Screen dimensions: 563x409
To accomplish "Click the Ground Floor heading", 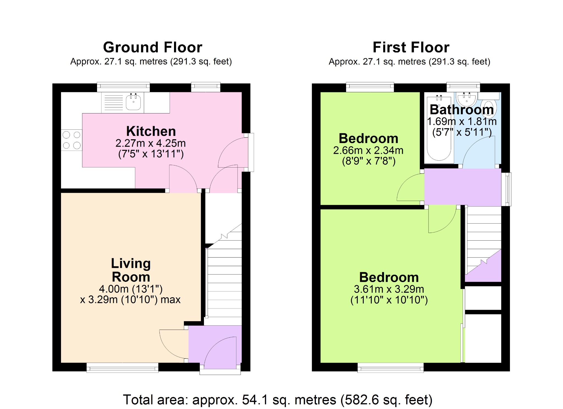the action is [153, 47].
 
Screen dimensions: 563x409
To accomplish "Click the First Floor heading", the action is [411, 47].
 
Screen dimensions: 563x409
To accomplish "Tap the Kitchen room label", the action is [151, 131].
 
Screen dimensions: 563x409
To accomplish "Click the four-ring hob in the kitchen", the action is [71, 140].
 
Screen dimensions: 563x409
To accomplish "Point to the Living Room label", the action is [131, 270].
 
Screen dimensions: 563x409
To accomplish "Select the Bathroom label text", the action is [462, 110].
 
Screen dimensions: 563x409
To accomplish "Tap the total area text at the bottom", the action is [278, 400].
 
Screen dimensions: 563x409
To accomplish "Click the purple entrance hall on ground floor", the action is [215, 347].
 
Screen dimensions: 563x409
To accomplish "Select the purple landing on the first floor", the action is [463, 187].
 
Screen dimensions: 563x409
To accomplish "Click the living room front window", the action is [122, 368].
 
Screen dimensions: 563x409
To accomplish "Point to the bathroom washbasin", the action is [467, 99].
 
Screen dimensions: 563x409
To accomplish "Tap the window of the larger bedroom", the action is [390, 368].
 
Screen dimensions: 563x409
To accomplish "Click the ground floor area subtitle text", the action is [151, 62].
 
